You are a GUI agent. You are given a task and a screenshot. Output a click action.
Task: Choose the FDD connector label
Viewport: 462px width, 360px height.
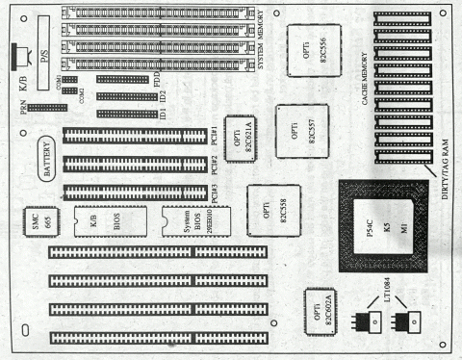pos(157,77)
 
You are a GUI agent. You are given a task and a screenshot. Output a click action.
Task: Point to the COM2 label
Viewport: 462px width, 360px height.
pos(84,91)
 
